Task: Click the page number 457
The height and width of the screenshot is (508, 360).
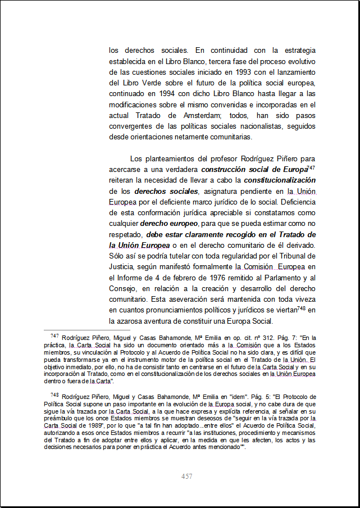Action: tap(187, 477)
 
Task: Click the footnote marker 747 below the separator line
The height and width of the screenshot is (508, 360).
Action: tap(54, 335)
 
